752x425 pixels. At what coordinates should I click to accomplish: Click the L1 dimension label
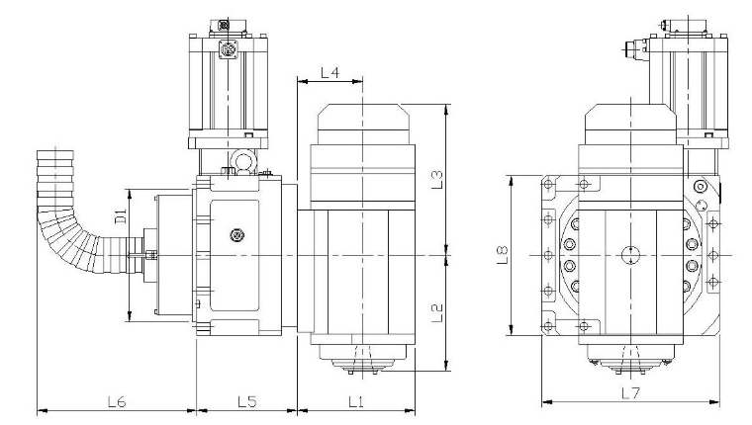(355, 401)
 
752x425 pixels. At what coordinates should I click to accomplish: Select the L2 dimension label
(437, 313)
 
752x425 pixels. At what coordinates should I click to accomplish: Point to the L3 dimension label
(437, 180)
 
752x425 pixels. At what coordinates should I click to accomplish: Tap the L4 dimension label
(329, 73)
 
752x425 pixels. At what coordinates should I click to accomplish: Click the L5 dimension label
(247, 401)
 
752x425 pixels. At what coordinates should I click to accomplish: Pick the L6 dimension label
(117, 401)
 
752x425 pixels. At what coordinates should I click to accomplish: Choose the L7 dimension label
(630, 393)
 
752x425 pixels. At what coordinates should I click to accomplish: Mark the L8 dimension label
(502, 255)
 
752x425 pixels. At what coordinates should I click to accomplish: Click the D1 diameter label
(121, 216)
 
